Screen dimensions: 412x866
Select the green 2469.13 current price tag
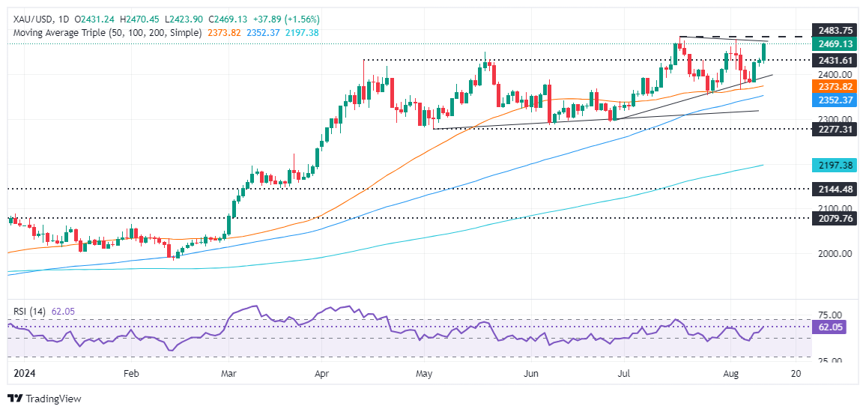833,44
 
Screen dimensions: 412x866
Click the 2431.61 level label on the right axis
833,60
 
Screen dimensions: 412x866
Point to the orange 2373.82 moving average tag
833,87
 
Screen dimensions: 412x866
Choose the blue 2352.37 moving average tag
833,100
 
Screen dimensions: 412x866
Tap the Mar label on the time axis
230,372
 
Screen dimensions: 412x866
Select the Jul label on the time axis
623,372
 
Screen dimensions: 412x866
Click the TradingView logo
44,399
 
